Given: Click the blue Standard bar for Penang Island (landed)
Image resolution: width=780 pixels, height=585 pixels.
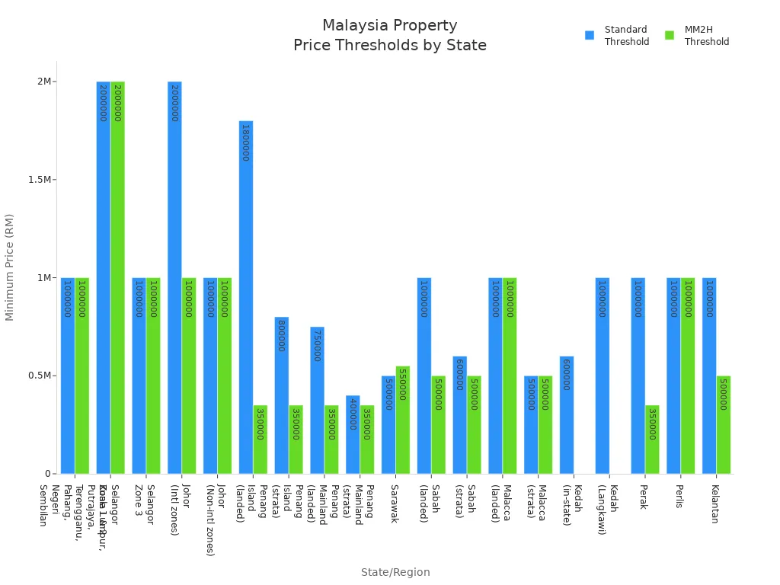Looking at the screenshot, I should (246, 297).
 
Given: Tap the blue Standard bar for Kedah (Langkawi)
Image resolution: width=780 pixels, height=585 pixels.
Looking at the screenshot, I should (603, 376).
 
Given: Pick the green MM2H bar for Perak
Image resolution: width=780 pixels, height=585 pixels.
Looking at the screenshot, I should (652, 440).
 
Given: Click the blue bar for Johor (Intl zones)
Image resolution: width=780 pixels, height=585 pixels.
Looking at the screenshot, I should (174, 277).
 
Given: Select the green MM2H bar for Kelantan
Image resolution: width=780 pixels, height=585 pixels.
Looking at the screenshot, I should (724, 424).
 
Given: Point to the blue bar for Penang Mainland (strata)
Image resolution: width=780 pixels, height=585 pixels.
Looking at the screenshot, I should (353, 434).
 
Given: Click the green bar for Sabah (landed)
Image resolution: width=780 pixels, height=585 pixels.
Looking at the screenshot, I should (438, 424).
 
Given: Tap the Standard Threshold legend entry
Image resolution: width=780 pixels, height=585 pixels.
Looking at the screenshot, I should (618, 36).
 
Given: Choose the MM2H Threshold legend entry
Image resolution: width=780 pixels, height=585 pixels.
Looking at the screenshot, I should (698, 36).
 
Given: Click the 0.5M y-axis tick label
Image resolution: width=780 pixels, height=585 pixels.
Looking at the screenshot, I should (42, 376).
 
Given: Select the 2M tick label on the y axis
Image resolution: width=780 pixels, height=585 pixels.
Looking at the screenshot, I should (46, 82).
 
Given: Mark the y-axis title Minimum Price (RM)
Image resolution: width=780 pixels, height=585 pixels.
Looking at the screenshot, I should (10, 267).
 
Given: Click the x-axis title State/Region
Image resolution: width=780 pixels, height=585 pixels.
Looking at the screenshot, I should (395, 572).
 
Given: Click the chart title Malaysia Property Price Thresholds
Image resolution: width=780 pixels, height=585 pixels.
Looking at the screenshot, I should (390, 36).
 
